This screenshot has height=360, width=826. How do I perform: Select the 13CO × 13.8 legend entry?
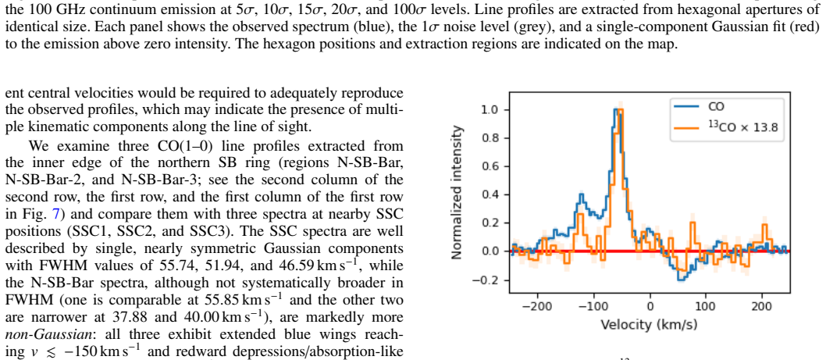click(x=728, y=127)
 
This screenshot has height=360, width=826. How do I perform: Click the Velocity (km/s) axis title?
click(x=650, y=323)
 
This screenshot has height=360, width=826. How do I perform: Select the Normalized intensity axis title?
click(x=458, y=193)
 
